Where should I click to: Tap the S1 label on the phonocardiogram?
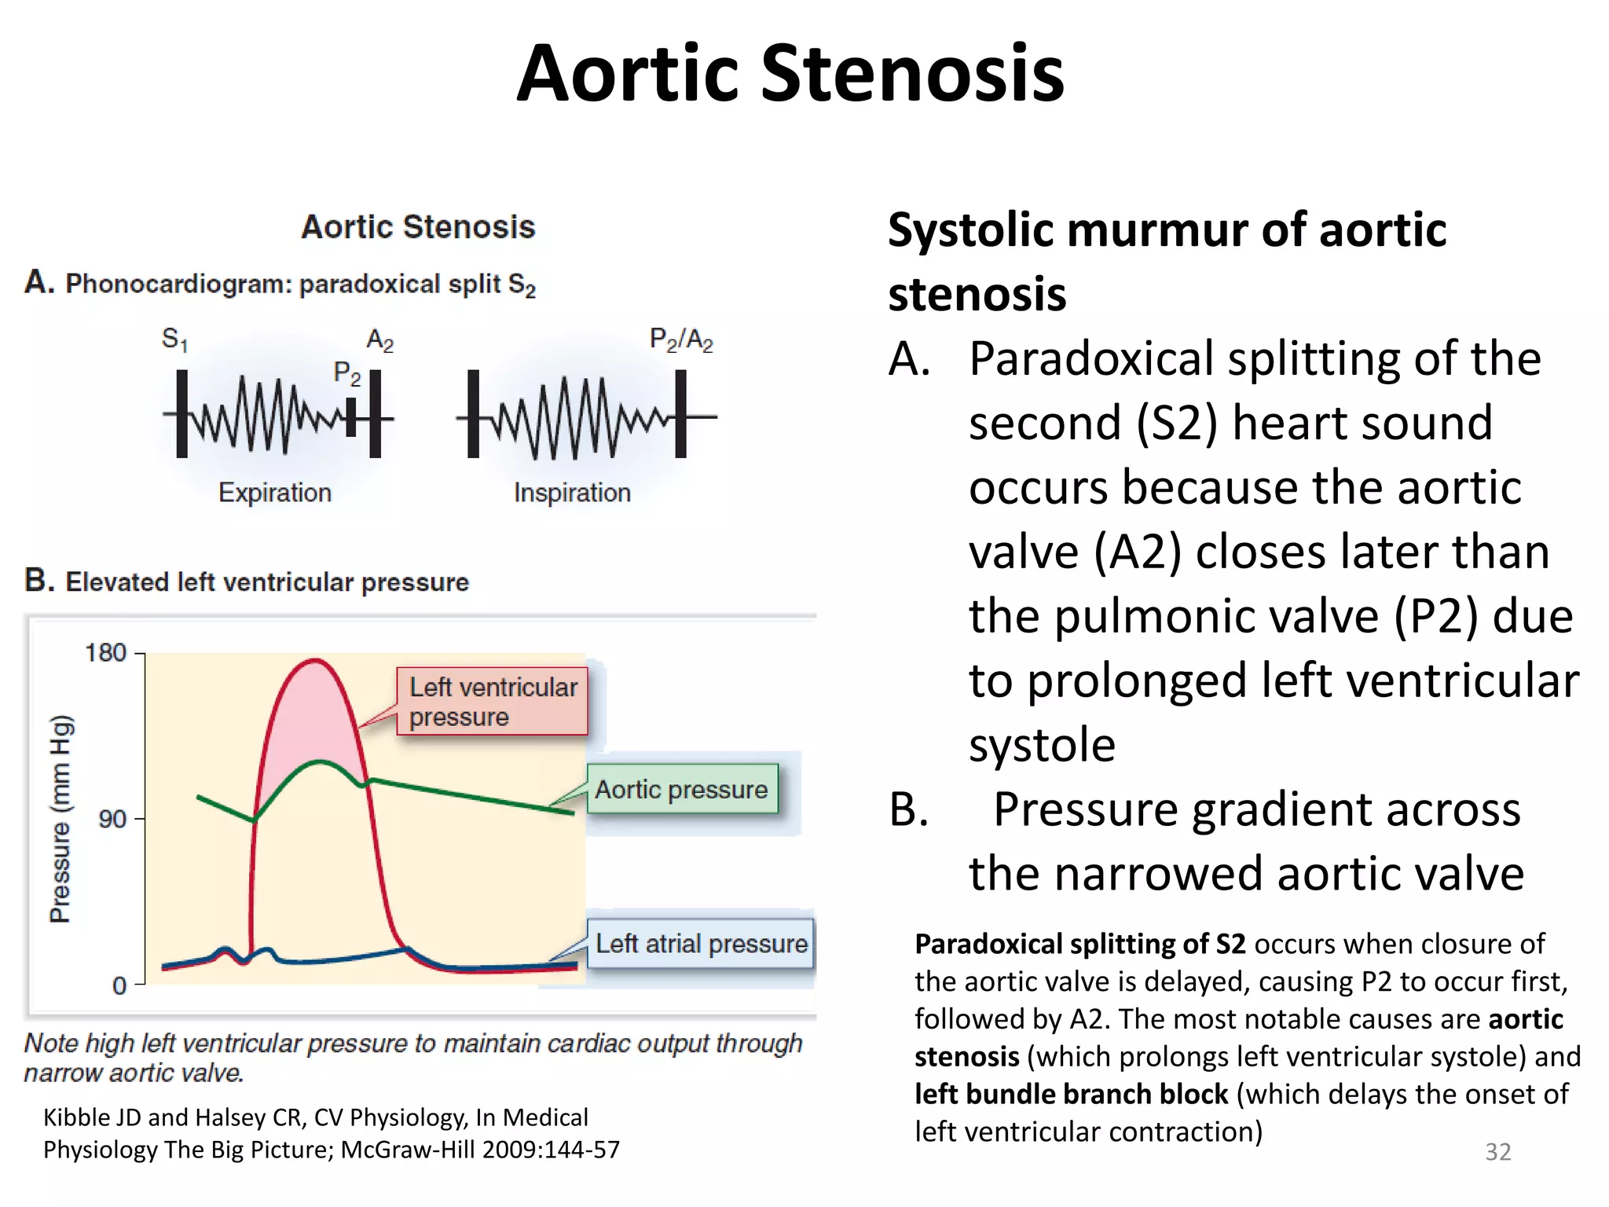tap(174, 339)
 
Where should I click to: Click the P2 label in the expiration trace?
tap(346, 372)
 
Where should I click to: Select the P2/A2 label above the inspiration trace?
tap(680, 339)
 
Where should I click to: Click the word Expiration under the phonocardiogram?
tap(274, 493)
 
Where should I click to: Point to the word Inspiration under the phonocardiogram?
tap(572, 493)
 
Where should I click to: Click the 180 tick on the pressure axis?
tap(105, 653)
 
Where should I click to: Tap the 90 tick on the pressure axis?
tap(112, 819)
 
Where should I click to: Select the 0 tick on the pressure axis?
tap(119, 985)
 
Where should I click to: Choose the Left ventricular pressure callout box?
tap(492, 702)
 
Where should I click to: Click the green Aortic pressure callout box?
tap(681, 789)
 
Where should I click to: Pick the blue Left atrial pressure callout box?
tap(700, 943)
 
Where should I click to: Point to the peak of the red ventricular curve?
tap(314, 661)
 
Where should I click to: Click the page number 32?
tap(1497, 1151)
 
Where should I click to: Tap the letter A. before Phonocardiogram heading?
tap(38, 282)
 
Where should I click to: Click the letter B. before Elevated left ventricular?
tap(38, 581)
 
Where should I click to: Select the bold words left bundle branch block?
tap(1071, 1094)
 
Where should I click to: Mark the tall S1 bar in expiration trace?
tap(182, 414)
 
